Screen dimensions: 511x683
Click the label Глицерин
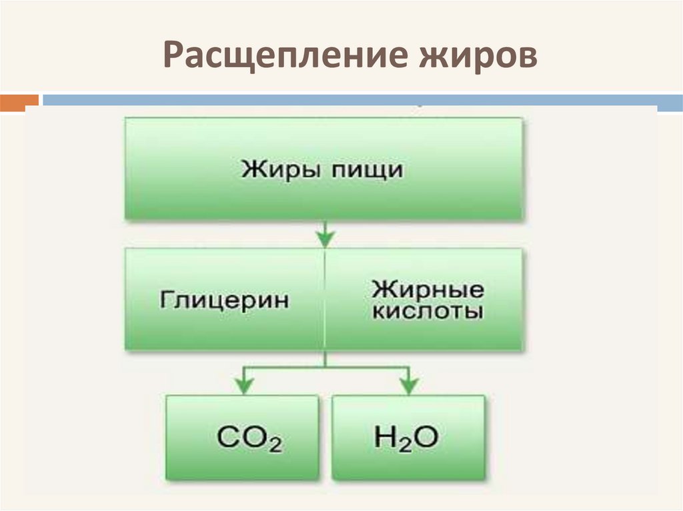point(224,300)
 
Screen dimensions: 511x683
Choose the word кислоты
point(428,312)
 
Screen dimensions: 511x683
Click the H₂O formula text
point(407,438)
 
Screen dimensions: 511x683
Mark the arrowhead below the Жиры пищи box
point(325,235)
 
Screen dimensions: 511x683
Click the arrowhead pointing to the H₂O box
point(408,384)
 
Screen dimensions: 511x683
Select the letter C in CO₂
point(228,438)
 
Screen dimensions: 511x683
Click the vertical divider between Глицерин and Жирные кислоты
point(325,300)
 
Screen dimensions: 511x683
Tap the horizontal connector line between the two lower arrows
point(325,366)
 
